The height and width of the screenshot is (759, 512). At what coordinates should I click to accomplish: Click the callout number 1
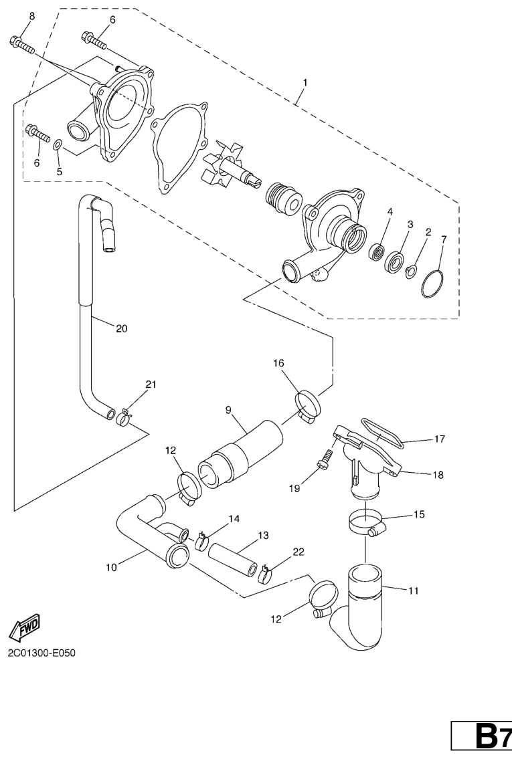(305, 82)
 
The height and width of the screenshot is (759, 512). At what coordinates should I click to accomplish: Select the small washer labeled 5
(58, 144)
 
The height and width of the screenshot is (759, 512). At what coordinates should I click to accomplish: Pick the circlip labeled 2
(412, 270)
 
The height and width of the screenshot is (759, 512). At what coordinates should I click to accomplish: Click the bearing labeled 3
(396, 261)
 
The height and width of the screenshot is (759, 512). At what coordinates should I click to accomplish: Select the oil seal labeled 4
(379, 253)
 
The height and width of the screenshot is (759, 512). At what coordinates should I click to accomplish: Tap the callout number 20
(121, 328)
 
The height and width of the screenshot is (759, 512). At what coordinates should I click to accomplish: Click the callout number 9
(229, 408)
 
